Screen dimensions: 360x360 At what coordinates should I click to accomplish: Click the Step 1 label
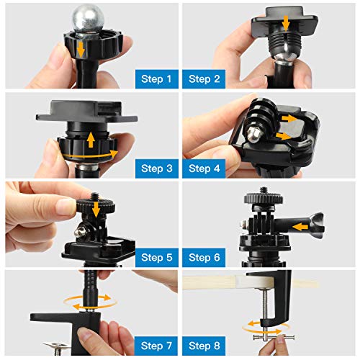(x=155, y=78)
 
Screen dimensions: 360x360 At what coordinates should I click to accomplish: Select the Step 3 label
(x=155, y=168)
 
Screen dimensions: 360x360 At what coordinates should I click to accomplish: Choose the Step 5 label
(x=155, y=257)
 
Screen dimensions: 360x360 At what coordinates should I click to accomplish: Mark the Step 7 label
(x=155, y=346)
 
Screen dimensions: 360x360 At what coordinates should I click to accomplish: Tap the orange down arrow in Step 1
(x=81, y=49)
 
